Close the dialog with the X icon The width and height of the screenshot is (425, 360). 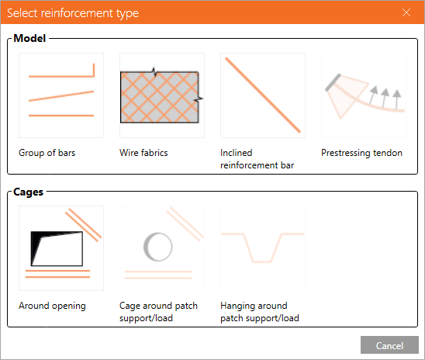(406, 12)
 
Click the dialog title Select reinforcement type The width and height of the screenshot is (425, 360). (73, 12)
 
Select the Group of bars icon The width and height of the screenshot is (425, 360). (61, 95)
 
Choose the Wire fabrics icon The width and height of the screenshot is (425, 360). (161, 95)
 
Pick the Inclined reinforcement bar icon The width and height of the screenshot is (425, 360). (262, 95)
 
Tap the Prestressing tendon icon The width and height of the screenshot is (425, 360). (363, 95)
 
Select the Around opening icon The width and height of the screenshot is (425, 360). (61, 247)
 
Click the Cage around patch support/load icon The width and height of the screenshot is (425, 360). (161, 247)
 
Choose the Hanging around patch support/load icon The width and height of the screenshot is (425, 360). (262, 247)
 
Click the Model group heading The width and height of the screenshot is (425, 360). (30, 37)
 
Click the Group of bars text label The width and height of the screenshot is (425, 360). (47, 153)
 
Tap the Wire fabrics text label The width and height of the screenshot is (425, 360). (143, 153)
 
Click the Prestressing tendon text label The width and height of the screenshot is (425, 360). (361, 153)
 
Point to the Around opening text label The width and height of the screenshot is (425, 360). (52, 306)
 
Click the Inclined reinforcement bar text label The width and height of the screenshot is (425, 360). (257, 159)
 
